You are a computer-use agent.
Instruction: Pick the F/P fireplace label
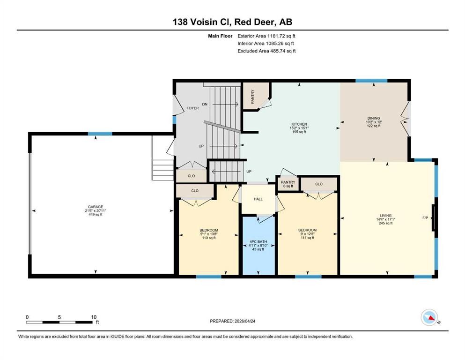[425, 218]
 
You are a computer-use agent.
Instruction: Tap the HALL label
[258, 199]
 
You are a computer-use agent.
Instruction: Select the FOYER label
[192, 108]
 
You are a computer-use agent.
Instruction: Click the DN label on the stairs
[205, 104]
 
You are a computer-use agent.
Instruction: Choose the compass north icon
[429, 317]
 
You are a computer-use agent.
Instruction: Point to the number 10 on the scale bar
[94, 317]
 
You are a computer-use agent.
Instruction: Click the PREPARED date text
[232, 321]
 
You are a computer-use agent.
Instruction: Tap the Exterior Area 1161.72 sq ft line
[266, 36]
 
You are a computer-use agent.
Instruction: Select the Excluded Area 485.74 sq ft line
[266, 51]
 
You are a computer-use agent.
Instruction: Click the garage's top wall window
[100, 134]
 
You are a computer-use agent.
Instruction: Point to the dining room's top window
[371, 81]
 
